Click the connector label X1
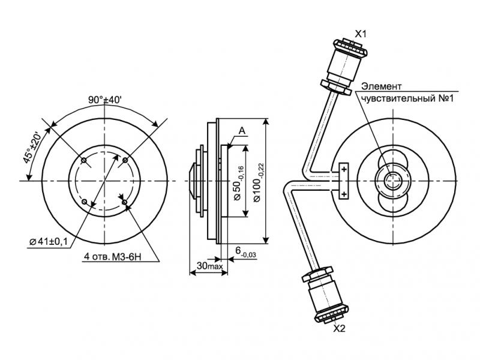361,34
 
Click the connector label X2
340,328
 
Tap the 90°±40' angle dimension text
104,100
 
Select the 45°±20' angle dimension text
37,145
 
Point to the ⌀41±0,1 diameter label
48,241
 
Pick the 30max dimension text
208,265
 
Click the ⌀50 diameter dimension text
238,182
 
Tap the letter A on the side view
242,130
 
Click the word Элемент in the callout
381,86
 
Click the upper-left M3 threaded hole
84,160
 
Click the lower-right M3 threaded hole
124,202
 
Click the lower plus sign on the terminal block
344,194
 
